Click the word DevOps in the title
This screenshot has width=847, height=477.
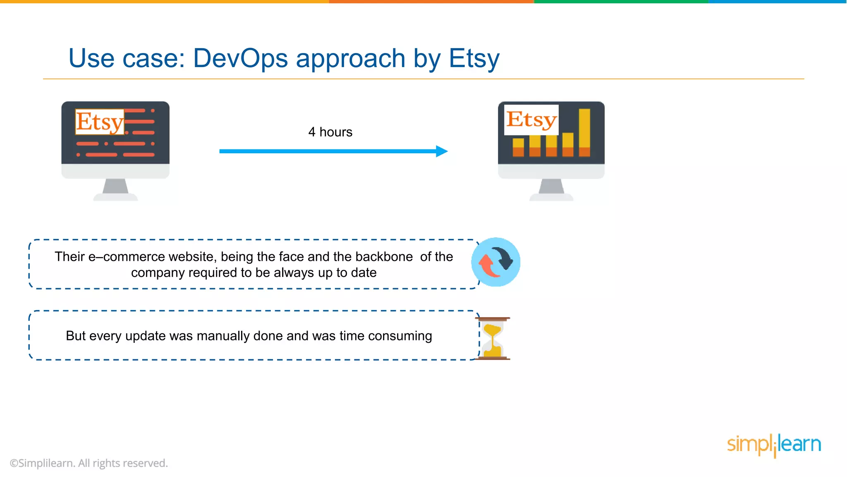[240, 58]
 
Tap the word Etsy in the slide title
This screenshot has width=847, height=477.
[474, 58]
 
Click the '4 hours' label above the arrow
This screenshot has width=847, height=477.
[330, 132]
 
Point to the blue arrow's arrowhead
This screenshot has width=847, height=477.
[442, 151]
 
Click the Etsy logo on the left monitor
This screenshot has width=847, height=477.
[100, 122]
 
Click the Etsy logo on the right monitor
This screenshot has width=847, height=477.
[531, 120]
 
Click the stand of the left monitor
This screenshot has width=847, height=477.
[115, 187]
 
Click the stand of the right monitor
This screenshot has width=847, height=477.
[551, 187]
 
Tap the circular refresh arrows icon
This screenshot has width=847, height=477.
[495, 262]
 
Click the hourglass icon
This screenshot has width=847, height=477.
[493, 338]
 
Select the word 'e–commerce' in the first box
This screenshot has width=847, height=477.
[127, 257]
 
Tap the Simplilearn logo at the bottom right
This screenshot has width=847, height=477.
[773, 445]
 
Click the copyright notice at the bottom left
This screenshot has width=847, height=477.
[89, 463]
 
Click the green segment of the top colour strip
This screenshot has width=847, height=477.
[620, 2]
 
